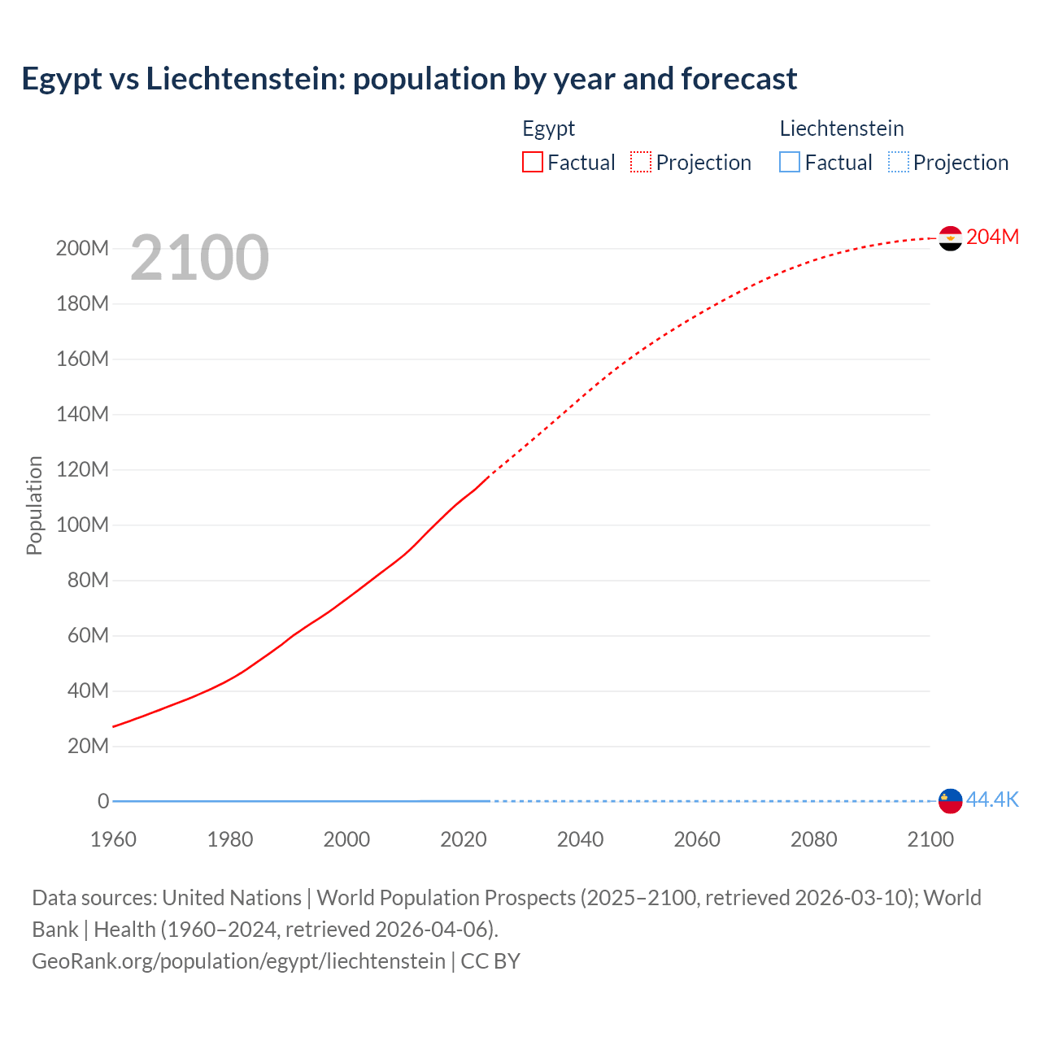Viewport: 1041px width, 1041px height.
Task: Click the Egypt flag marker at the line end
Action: point(950,238)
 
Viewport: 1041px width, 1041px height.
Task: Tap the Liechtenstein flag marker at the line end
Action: point(950,801)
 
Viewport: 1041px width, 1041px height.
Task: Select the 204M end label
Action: point(992,237)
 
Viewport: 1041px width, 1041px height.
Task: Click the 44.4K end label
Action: point(992,800)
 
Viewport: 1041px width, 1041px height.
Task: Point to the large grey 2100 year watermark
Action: point(199,258)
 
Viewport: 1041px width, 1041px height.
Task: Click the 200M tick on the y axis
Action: point(82,249)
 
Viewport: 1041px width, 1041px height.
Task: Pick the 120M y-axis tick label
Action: point(82,470)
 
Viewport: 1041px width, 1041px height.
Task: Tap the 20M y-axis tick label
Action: point(88,747)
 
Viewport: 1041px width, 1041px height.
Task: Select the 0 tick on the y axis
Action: point(103,802)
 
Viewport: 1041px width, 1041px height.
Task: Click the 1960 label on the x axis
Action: point(113,839)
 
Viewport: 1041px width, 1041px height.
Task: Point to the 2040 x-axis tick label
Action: point(580,839)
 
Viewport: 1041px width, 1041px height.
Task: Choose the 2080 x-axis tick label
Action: point(813,839)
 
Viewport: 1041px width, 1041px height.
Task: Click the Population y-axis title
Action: point(34,505)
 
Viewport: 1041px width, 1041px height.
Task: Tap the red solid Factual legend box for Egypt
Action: point(533,163)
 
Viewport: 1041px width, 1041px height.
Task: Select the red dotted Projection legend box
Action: point(641,163)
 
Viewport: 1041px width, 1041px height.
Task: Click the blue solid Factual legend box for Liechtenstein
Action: point(790,163)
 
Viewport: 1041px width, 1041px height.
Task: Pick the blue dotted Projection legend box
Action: point(899,163)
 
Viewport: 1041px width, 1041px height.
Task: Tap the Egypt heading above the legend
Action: point(548,128)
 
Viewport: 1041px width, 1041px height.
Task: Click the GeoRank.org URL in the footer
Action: point(238,961)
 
